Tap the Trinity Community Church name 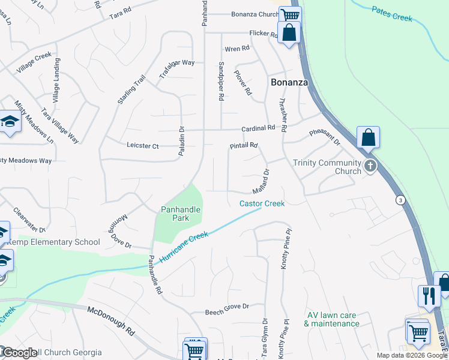[x=327, y=167]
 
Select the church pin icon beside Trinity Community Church [x=370, y=166]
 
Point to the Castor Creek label [x=262, y=203]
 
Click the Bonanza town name [x=289, y=83]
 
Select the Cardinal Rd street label [x=258, y=128]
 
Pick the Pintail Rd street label [x=244, y=146]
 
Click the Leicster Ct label [x=143, y=145]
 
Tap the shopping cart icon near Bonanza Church [x=290, y=14]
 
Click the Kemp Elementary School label [x=54, y=242]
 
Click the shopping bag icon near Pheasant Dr [x=368, y=137]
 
